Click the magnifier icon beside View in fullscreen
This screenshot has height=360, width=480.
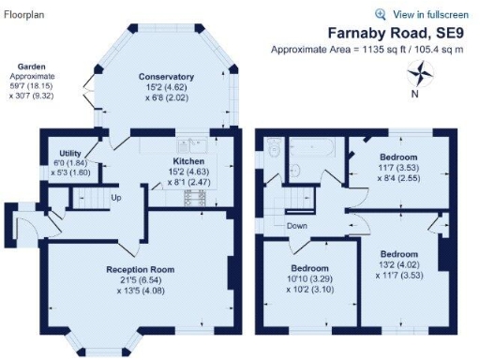point(381,14)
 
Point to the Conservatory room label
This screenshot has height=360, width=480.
point(166,76)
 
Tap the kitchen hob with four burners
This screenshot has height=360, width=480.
point(199,199)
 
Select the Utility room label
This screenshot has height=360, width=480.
point(70,153)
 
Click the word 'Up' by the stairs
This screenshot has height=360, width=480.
point(116,198)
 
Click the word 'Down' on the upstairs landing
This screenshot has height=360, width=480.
point(298,225)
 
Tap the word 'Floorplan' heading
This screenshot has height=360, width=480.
point(25,14)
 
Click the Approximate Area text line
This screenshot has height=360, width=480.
point(367,49)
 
